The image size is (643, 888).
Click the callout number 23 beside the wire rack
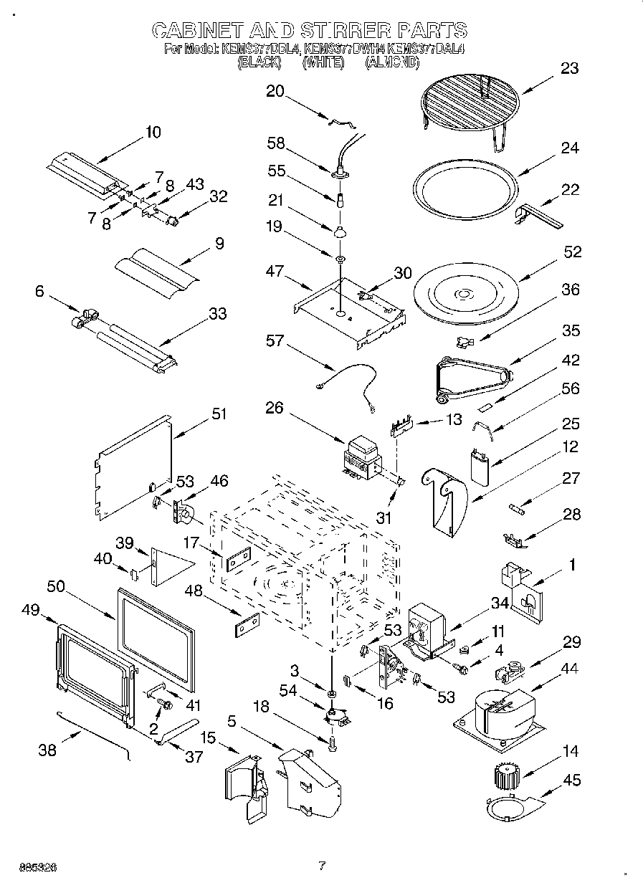click(x=570, y=69)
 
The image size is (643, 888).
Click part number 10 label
click(x=153, y=132)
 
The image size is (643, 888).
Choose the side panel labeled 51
click(x=133, y=468)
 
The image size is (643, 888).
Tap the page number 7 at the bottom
click(x=322, y=865)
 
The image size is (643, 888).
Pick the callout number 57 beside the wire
click(x=275, y=341)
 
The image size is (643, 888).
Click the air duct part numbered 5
click(x=310, y=780)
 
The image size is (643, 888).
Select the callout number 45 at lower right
click(x=571, y=780)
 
